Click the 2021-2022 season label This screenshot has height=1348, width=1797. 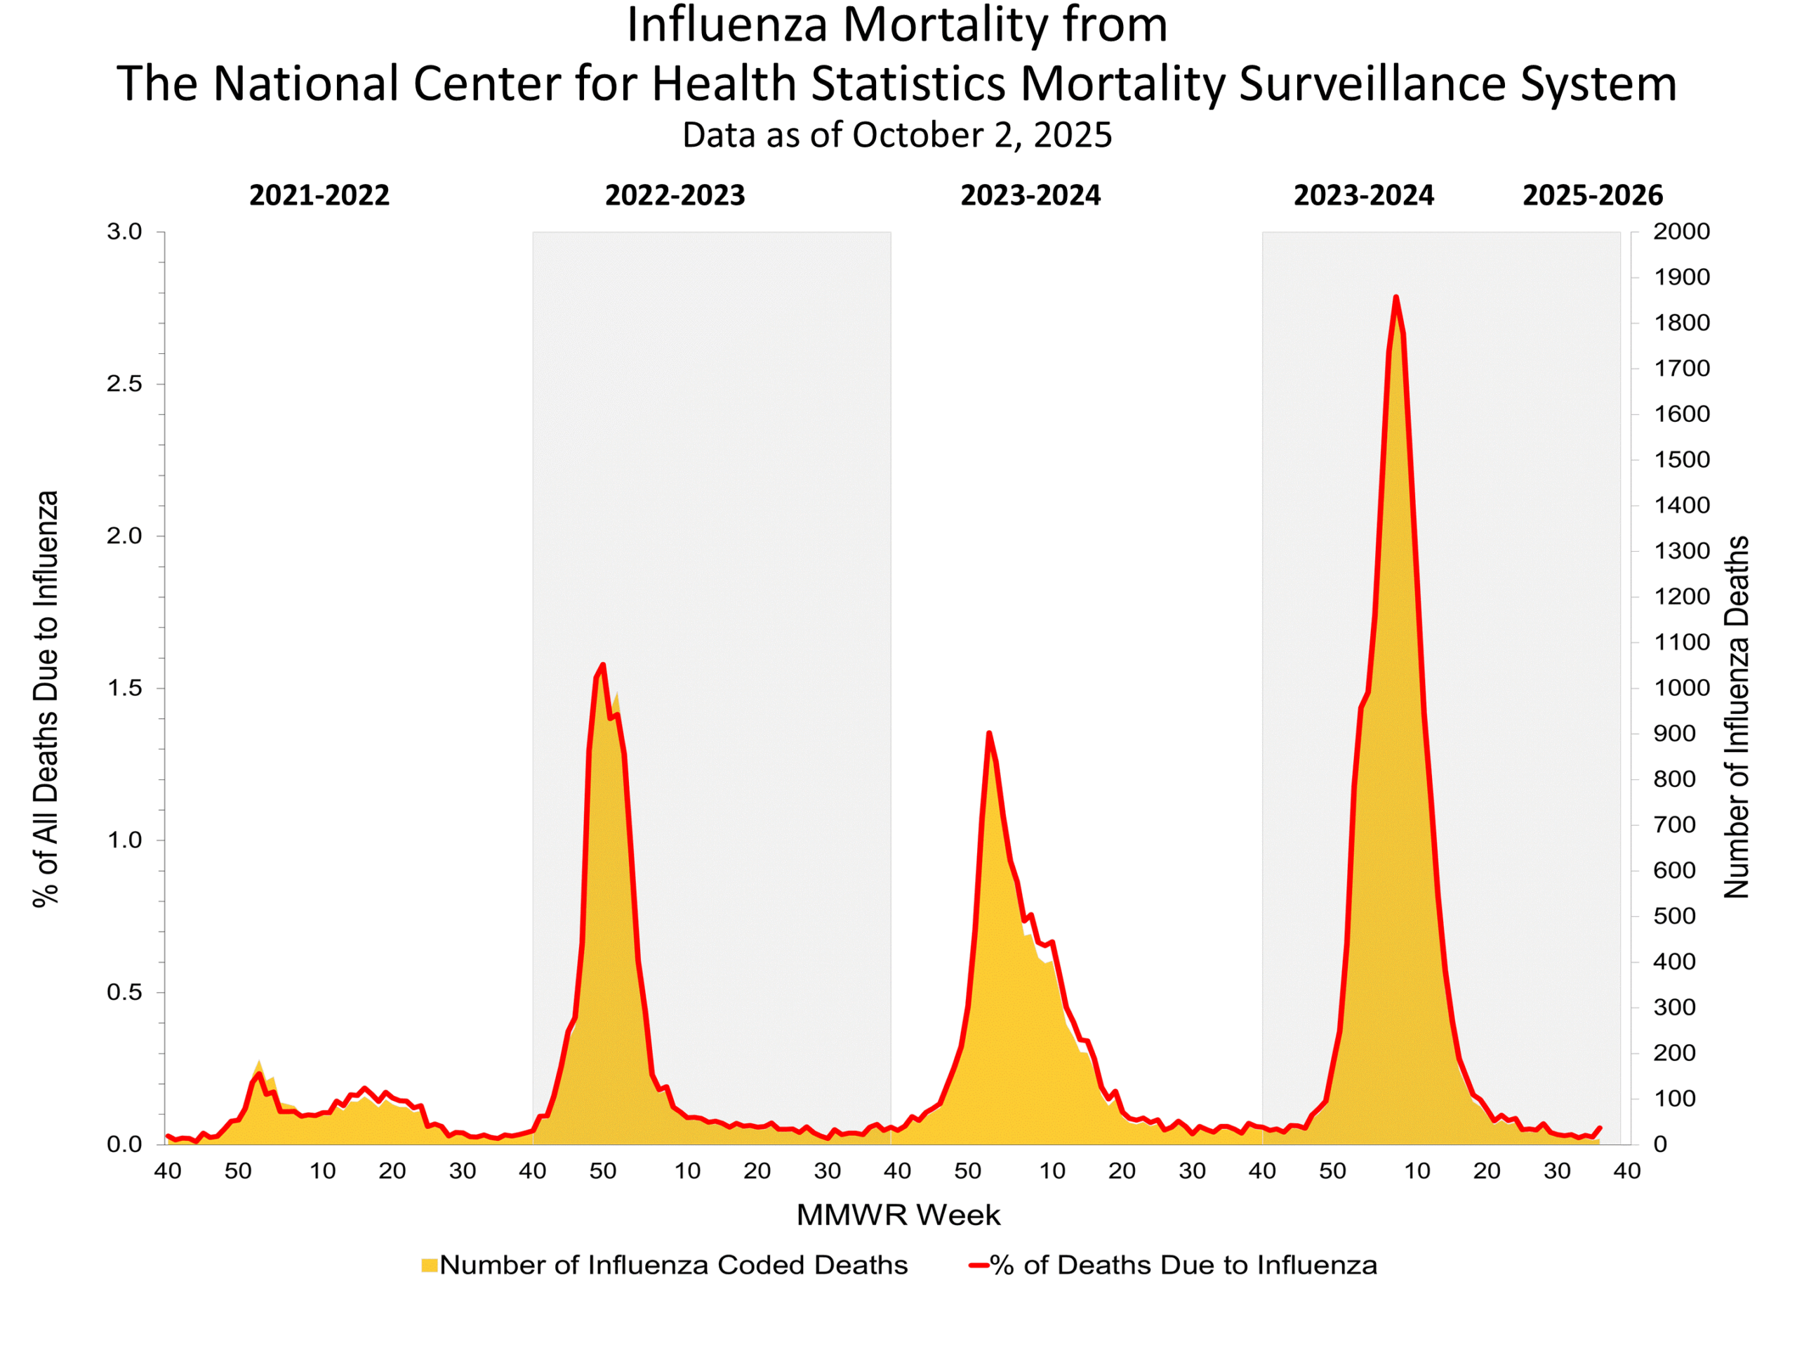(319, 196)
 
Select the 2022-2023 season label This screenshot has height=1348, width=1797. (675, 196)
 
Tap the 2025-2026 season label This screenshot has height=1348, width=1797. (1592, 196)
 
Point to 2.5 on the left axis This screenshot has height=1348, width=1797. (124, 384)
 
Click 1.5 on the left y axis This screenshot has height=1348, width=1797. (124, 688)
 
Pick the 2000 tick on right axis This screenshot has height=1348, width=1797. (1682, 232)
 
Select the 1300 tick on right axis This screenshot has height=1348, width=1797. (1682, 552)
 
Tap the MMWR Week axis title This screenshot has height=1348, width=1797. (898, 1215)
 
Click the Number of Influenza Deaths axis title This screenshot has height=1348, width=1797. (1737, 718)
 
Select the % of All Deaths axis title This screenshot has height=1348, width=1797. (46, 699)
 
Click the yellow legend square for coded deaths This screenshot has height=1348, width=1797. (429, 1265)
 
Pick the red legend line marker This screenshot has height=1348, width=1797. (978, 1265)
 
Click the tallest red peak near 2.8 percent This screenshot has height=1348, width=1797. (1395, 298)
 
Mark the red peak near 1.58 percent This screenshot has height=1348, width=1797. (603, 665)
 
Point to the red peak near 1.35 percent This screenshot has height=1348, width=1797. (988, 733)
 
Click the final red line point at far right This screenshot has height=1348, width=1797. (1600, 1129)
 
